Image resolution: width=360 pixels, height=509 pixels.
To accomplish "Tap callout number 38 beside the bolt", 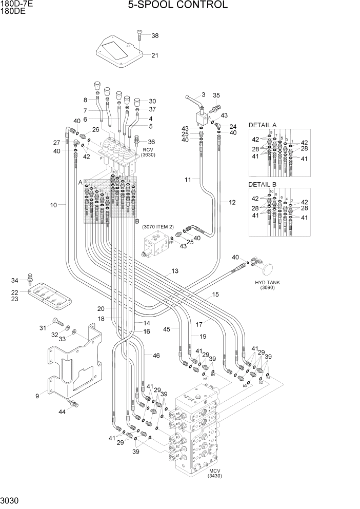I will (x=155, y=35).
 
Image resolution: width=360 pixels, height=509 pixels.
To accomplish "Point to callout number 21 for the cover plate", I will (x=155, y=55).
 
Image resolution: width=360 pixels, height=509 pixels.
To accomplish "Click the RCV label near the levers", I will (x=148, y=149).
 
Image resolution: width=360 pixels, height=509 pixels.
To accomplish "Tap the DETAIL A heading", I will (x=263, y=125).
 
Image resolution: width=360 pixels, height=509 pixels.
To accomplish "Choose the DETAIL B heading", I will (x=263, y=184).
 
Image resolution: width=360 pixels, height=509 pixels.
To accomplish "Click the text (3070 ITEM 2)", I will (x=158, y=227).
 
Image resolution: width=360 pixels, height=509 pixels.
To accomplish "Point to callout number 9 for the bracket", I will (x=37, y=396).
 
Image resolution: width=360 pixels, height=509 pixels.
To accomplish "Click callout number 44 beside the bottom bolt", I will (x=62, y=412).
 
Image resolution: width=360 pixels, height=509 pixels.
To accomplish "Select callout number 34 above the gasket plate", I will (x=15, y=280).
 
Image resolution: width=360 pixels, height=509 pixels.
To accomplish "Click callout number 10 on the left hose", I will (x=53, y=205).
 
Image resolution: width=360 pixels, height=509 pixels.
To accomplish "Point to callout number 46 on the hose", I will (x=156, y=355).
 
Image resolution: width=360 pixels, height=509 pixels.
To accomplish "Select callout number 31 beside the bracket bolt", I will (x=43, y=328).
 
